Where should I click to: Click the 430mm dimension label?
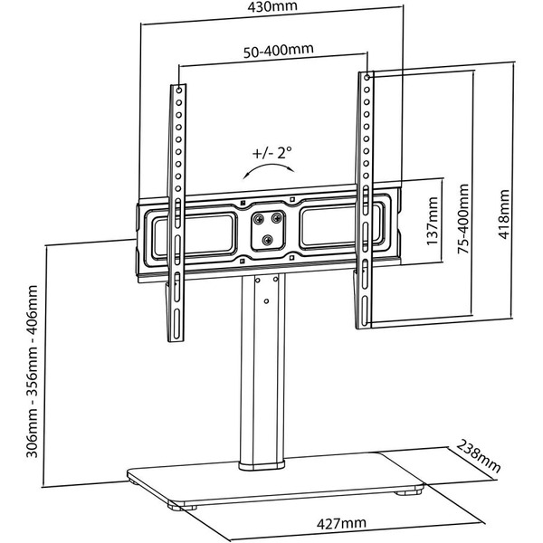tap(272, 9)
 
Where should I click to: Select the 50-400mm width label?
tap(272, 51)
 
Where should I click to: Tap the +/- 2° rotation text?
tap(273, 153)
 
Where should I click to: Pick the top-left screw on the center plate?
tap(257, 218)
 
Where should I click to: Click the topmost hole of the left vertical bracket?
tap(177, 91)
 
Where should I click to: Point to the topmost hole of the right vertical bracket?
tap(367, 80)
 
